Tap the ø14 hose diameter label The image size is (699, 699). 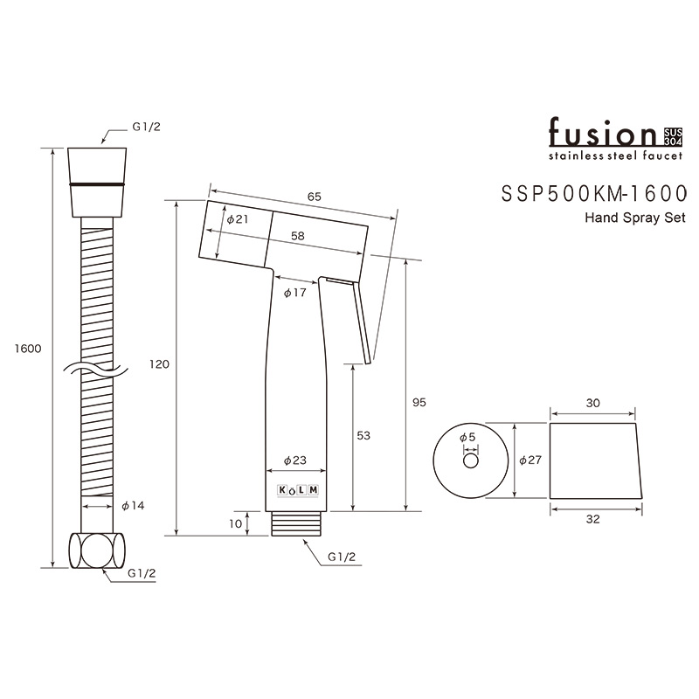pos(132,506)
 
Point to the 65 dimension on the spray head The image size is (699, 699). pos(315,197)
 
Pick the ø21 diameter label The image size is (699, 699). pos(238,219)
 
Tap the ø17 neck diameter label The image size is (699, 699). pos(294,294)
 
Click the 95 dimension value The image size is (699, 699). pos(419,402)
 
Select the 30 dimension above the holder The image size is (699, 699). pos(593,403)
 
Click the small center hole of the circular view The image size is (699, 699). pos(471,461)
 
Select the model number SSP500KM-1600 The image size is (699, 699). pos(591,193)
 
